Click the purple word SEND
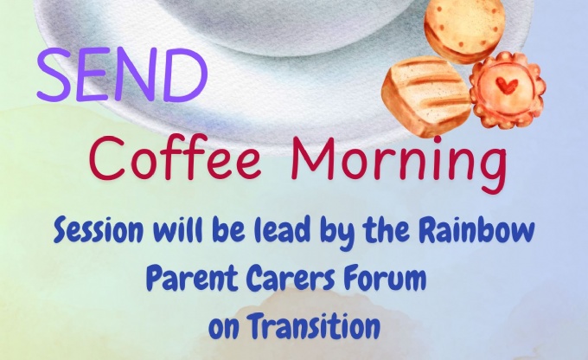click(x=122, y=75)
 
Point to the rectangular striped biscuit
click(x=426, y=96)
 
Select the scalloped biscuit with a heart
click(x=507, y=90)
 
